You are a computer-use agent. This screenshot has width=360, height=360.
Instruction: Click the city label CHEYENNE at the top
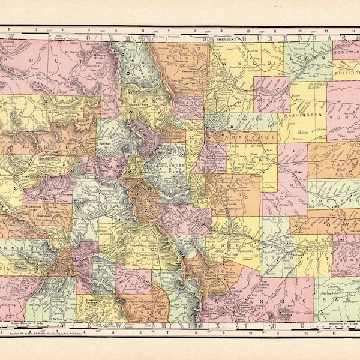227,38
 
